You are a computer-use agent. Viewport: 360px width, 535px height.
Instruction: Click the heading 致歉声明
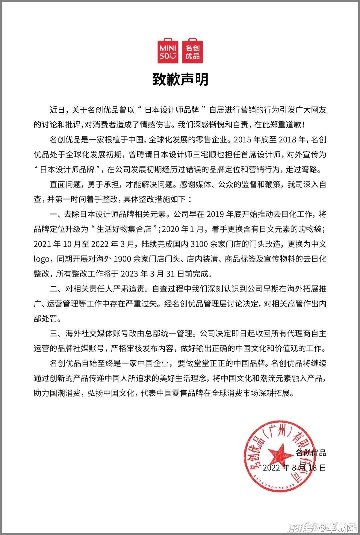pyautogui.click(x=180, y=80)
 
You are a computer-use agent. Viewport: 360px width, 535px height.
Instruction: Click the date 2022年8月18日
pyautogui.click(x=294, y=467)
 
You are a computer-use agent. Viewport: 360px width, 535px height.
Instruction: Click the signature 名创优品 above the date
pyautogui.click(x=311, y=453)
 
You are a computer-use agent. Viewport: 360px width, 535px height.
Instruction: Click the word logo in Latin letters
pyautogui.click(x=41, y=259)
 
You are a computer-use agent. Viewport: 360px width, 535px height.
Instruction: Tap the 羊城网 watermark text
pyautogui.click(x=340, y=528)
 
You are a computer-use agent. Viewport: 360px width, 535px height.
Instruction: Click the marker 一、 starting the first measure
pyautogui.click(x=55, y=214)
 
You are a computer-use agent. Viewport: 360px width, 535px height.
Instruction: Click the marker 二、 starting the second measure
pyautogui.click(x=55, y=289)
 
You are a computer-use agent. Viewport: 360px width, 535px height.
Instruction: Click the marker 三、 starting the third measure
pyautogui.click(x=55, y=333)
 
